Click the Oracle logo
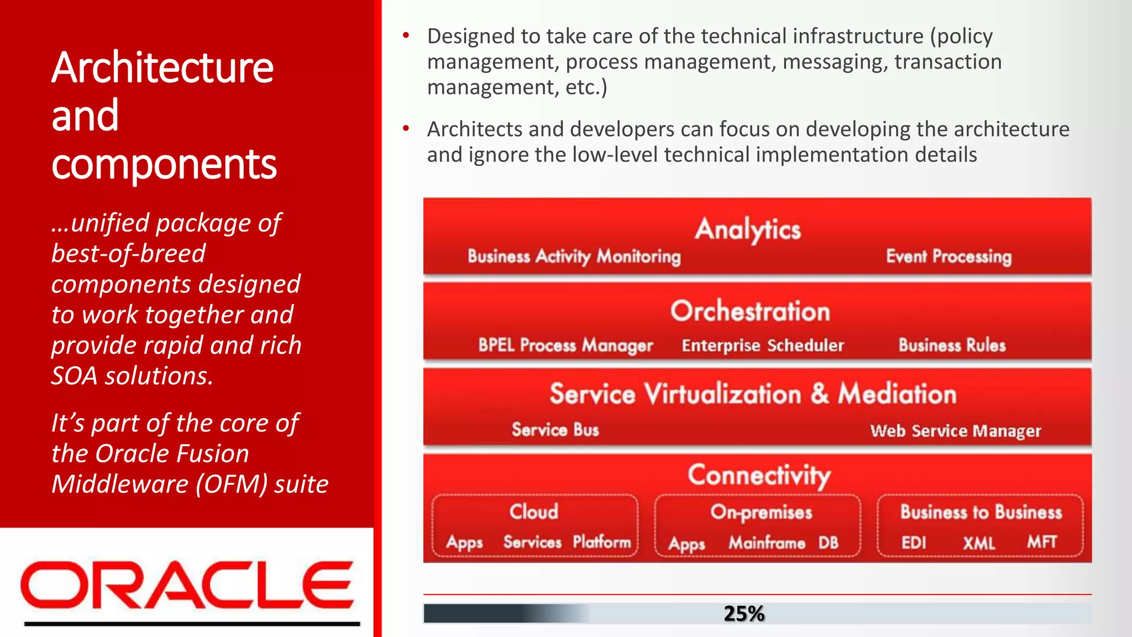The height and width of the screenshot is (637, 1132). coord(187,585)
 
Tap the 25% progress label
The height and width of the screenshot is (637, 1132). coord(744,613)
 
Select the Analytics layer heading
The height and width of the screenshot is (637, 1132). coord(748,229)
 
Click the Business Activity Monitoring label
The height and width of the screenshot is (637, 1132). coord(574,257)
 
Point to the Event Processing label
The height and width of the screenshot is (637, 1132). coord(948,257)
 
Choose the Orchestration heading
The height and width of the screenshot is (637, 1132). coord(750,311)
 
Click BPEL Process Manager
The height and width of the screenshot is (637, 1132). coord(565,346)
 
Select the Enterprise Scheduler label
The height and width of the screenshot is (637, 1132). coord(763,346)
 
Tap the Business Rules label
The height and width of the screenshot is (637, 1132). coord(952,346)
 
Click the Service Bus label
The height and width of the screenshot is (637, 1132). coord(555,430)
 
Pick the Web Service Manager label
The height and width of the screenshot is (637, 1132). coord(955,431)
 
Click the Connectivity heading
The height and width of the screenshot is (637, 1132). coord(759,475)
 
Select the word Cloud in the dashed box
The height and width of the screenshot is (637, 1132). coord(533,511)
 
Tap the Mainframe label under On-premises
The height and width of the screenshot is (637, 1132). coord(767,543)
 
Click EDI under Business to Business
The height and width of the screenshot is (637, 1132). coord(914,543)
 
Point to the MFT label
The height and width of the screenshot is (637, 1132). coord(1042,542)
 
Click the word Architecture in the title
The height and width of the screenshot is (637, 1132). coord(163,67)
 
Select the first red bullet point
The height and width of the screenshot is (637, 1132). coord(406,36)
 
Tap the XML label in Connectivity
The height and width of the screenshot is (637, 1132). coord(979,543)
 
